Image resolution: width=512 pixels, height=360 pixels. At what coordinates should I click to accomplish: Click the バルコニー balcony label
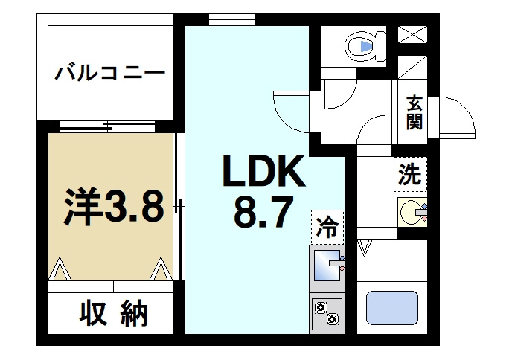(x=109, y=75)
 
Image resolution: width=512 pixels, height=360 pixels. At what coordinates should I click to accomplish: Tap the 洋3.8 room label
(x=112, y=208)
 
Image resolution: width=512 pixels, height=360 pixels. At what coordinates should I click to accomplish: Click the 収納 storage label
(x=114, y=315)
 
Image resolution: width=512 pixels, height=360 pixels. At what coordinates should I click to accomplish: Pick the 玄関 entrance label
(x=415, y=112)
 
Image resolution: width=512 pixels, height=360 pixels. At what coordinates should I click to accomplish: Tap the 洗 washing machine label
(x=409, y=176)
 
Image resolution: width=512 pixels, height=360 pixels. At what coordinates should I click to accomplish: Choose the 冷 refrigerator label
(x=327, y=225)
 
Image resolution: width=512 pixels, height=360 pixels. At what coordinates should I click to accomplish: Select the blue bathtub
(x=392, y=307)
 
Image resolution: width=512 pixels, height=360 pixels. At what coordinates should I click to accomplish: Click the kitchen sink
(x=327, y=266)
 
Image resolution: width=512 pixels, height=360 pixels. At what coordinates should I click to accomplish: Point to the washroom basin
(x=412, y=213)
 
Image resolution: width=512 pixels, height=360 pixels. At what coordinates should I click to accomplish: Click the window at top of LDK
(x=223, y=19)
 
